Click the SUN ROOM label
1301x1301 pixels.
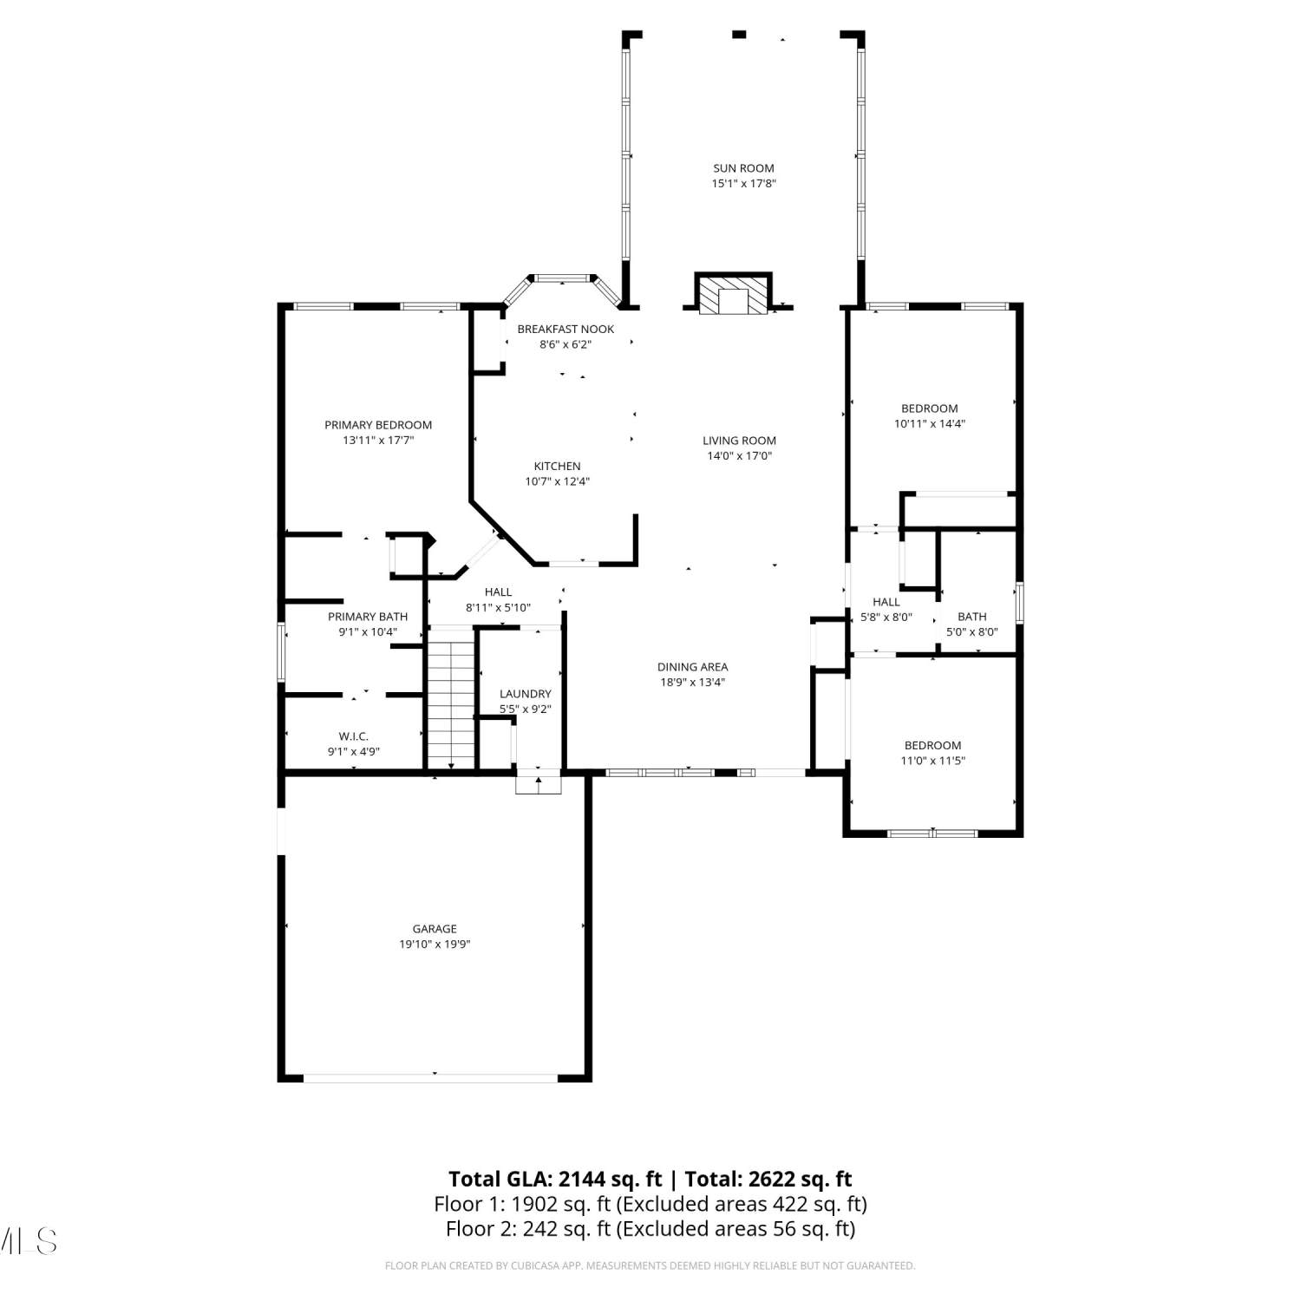(x=743, y=168)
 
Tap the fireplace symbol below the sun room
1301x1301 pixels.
(x=733, y=294)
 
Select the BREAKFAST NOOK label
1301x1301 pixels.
(x=566, y=329)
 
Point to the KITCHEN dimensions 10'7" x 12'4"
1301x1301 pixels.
(x=557, y=481)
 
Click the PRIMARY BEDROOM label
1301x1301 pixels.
(x=378, y=425)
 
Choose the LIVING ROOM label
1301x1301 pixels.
(x=739, y=441)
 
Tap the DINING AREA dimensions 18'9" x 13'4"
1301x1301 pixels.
(x=692, y=682)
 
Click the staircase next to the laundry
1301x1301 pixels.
(x=452, y=698)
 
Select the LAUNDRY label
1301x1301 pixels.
(x=525, y=694)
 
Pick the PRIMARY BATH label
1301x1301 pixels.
(x=368, y=617)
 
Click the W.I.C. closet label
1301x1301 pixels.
(x=354, y=736)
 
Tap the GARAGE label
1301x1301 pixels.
(x=435, y=929)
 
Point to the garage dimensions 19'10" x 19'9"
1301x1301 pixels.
(x=435, y=945)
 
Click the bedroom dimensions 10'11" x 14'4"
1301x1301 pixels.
(x=930, y=424)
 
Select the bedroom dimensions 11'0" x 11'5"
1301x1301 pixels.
(x=932, y=761)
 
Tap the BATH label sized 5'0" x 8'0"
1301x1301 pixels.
(x=972, y=617)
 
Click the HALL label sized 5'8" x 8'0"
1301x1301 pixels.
(x=886, y=602)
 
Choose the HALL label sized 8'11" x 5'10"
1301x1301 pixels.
(x=498, y=592)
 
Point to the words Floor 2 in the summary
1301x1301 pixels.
(x=476, y=1229)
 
